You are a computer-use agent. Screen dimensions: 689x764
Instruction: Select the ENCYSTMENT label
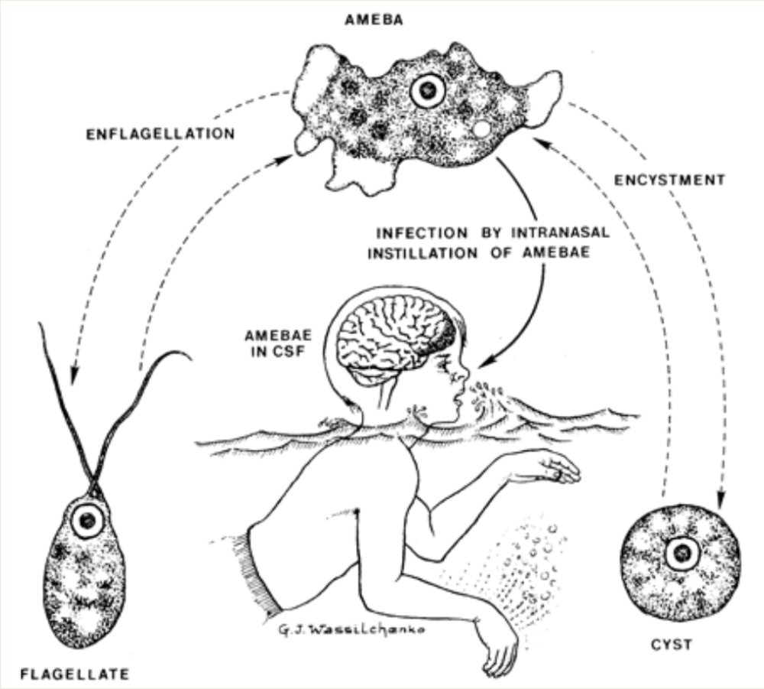669,181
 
